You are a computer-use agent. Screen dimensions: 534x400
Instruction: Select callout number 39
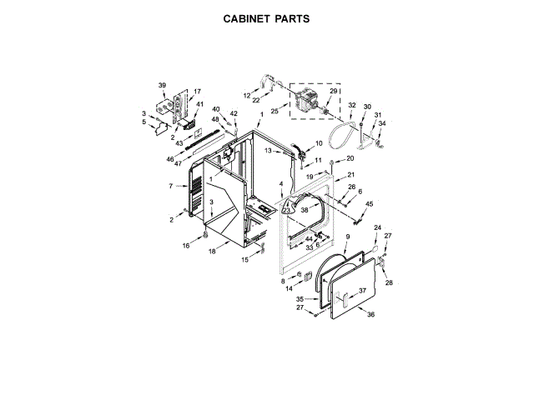163,85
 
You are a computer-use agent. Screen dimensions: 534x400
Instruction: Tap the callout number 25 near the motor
275,111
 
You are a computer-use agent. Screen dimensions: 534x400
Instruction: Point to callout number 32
351,106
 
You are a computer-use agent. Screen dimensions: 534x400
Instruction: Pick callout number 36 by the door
371,314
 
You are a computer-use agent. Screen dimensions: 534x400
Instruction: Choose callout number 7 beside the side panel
171,186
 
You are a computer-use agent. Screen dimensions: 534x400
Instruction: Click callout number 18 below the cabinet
212,251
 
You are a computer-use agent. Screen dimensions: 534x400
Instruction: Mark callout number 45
370,204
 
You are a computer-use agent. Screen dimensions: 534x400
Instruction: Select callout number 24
376,227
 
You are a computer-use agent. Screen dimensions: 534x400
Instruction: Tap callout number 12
247,96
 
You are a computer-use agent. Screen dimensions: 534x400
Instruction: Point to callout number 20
350,158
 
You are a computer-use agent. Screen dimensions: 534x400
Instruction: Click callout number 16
186,246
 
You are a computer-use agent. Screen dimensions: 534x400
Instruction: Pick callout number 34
383,123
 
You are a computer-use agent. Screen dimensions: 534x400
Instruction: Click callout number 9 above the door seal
346,237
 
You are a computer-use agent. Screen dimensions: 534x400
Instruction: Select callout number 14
290,288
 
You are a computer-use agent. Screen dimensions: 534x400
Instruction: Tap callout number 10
318,143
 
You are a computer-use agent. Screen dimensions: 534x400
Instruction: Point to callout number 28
388,282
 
